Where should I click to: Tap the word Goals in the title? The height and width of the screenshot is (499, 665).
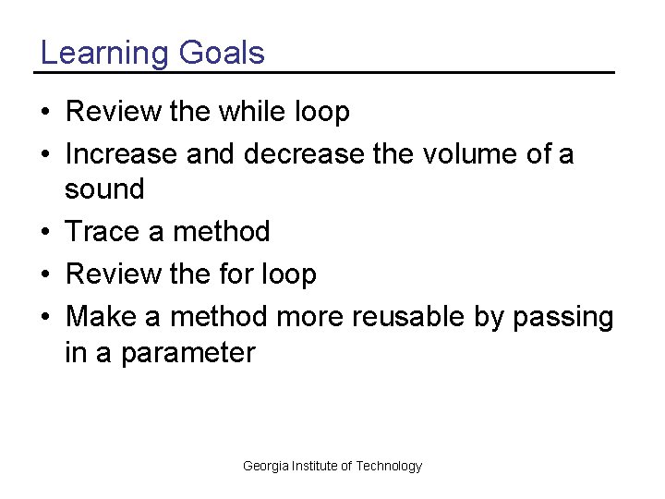click(x=222, y=53)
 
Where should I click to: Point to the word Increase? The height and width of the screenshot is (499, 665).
click(x=123, y=153)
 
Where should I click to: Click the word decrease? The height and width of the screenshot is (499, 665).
click(x=305, y=153)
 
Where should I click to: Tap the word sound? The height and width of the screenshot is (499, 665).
click(x=104, y=189)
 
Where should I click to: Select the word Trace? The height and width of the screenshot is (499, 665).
click(x=103, y=231)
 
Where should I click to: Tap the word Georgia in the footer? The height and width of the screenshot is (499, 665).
click(x=265, y=466)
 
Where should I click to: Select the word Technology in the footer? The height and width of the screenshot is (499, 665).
click(x=389, y=466)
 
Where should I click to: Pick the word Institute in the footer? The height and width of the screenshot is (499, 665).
click(x=314, y=466)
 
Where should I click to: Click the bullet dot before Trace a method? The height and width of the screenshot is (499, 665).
click(x=45, y=232)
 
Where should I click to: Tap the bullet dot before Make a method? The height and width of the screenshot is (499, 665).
click(x=45, y=317)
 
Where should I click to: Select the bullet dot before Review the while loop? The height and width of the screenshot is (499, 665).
click(x=45, y=113)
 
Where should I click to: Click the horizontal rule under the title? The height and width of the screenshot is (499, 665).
click(x=324, y=72)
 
